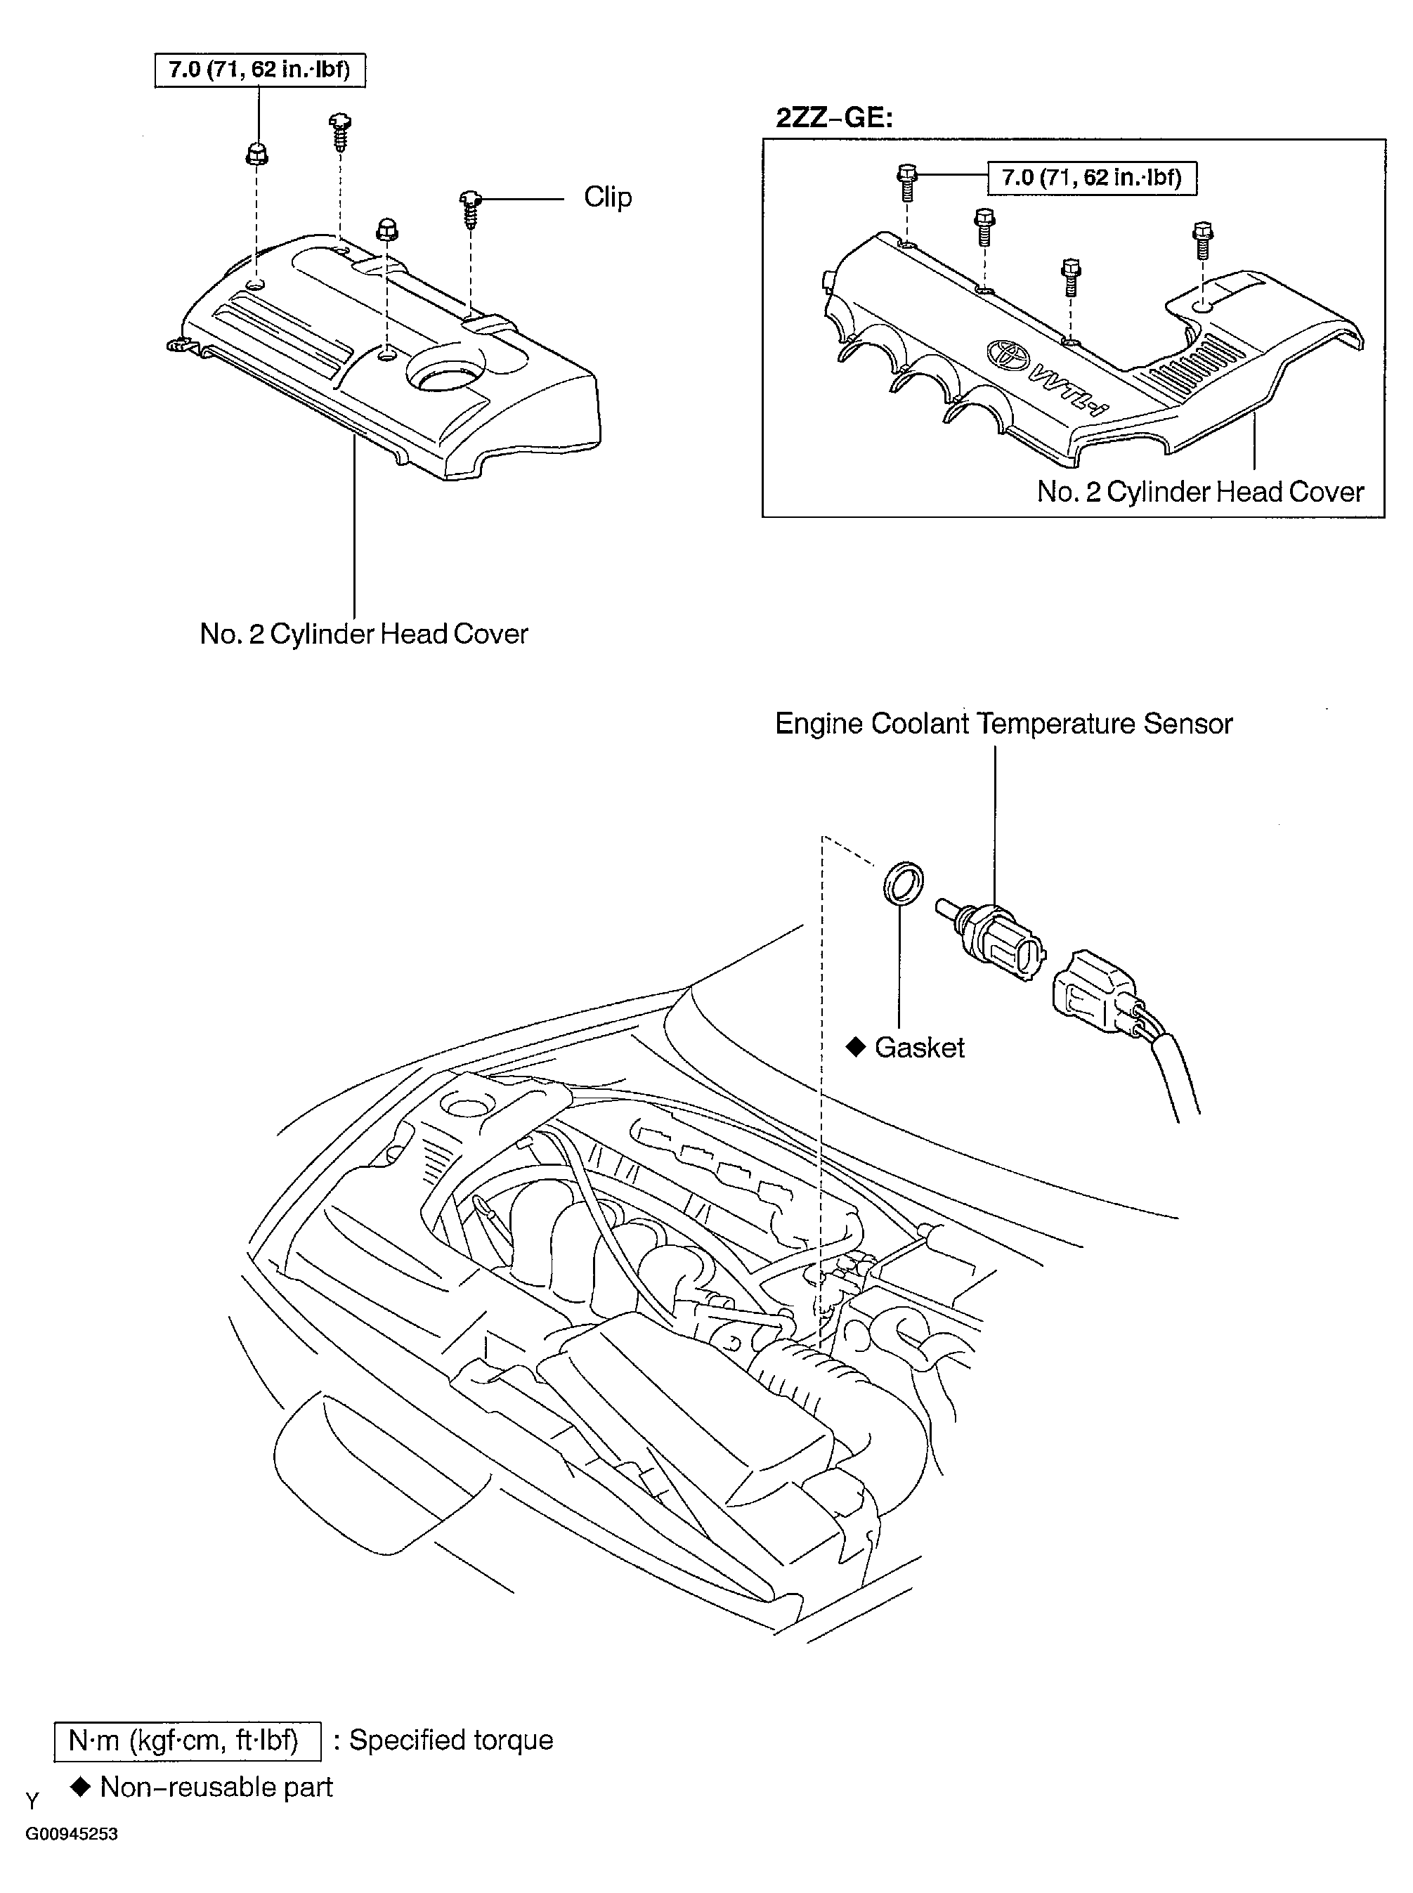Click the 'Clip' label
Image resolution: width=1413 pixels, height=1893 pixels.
click(607, 197)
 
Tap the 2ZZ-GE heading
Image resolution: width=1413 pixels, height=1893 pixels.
click(834, 117)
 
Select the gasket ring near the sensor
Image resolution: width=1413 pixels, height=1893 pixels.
click(902, 884)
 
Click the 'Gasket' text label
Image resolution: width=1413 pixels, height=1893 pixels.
click(920, 1048)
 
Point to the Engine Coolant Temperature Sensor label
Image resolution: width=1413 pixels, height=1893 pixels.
click(1003, 724)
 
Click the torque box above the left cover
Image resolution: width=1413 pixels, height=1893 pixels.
click(259, 70)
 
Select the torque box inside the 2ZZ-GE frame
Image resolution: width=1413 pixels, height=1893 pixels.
click(1091, 178)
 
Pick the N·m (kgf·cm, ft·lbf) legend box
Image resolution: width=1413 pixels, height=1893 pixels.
click(188, 1741)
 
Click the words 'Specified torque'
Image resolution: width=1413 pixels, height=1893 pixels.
click(451, 1741)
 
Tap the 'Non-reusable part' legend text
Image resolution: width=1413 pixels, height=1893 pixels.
click(216, 1787)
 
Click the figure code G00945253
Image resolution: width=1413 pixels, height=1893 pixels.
click(71, 1834)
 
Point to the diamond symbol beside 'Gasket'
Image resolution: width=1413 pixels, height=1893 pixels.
click(855, 1047)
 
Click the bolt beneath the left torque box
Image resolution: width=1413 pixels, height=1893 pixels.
click(256, 155)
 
